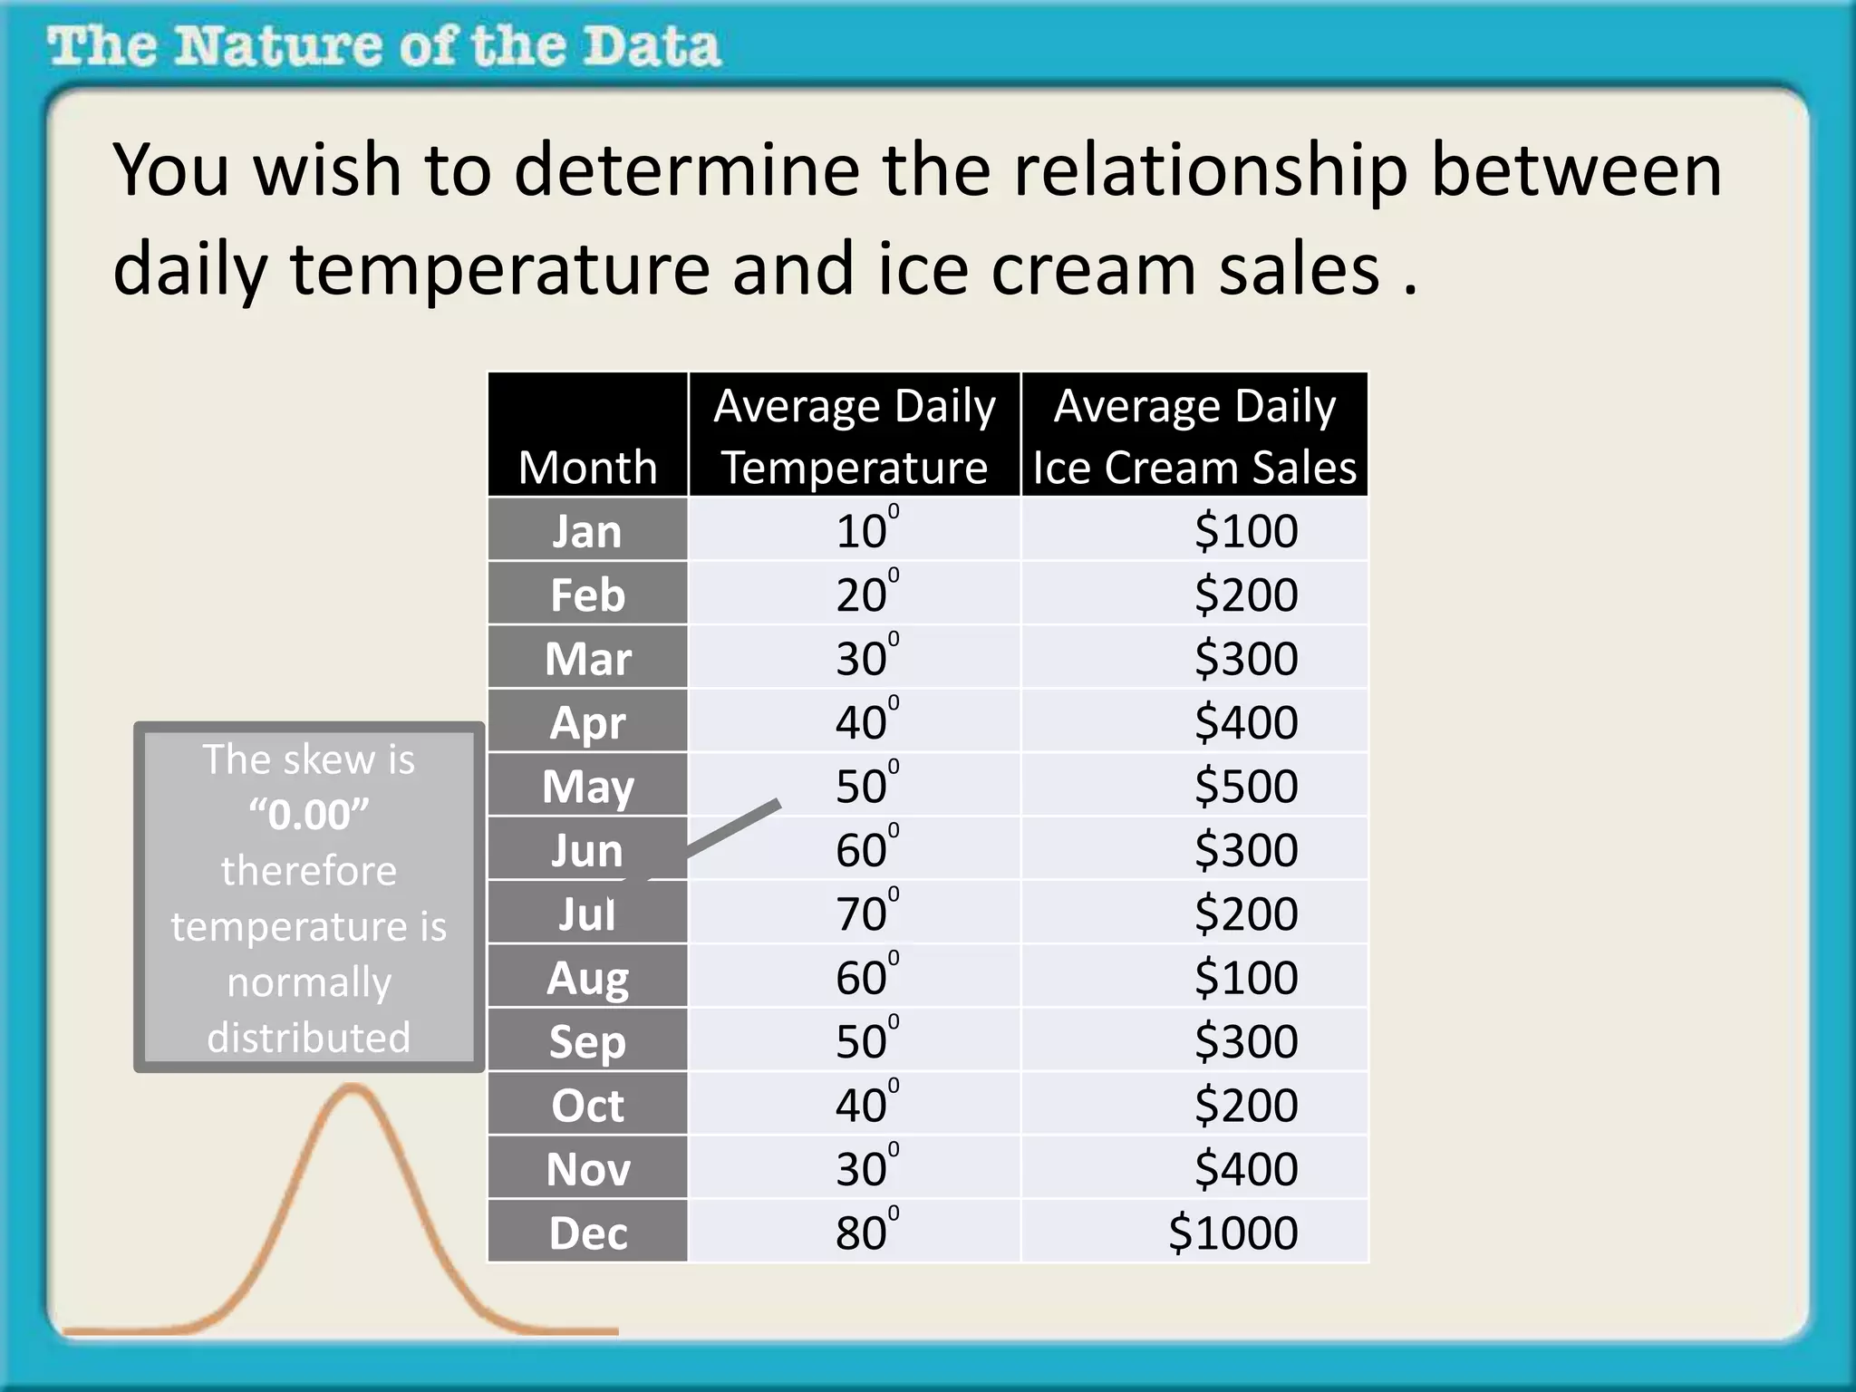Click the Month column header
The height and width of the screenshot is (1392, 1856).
[x=587, y=468]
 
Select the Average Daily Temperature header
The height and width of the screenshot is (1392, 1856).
[x=854, y=436]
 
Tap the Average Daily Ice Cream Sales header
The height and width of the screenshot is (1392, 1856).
[x=1194, y=436]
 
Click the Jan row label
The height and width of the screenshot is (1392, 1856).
[x=587, y=531]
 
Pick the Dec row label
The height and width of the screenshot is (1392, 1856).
[x=587, y=1233]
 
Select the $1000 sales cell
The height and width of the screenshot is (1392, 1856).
[x=1232, y=1233]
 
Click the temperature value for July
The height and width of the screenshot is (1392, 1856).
[x=863, y=913]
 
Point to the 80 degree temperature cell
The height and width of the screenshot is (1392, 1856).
[x=863, y=1233]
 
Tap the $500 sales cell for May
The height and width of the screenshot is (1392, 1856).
[x=1245, y=786]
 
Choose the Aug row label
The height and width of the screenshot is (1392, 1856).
[x=587, y=978]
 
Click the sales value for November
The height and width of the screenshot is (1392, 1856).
[x=1245, y=1169]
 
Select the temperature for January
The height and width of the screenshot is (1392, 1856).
[x=863, y=531]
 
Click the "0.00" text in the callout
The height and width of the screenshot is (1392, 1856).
[x=309, y=815]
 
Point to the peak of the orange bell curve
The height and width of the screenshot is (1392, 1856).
[x=351, y=1089]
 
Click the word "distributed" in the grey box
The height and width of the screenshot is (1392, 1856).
[x=309, y=1038]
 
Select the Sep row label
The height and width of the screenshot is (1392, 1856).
[x=587, y=1041]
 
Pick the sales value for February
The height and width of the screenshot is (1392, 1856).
[x=1245, y=594]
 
